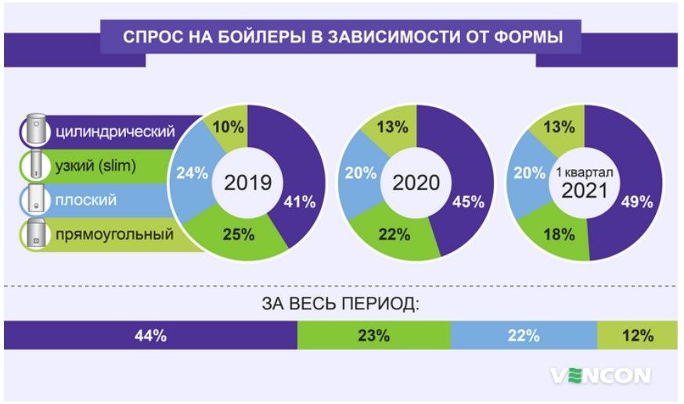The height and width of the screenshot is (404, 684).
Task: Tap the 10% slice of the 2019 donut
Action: [x=228, y=126]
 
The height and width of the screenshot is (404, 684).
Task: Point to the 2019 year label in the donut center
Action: [x=247, y=183]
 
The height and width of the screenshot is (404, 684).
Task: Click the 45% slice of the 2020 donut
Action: [x=468, y=202]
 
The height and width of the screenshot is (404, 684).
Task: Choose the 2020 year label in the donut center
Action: [x=416, y=183]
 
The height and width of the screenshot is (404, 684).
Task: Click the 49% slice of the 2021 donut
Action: [x=636, y=202]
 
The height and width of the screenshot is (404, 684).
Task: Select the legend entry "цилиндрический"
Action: [x=114, y=129]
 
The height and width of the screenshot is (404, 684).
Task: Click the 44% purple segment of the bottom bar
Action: [x=150, y=336]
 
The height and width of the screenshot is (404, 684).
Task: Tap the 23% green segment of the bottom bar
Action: [x=373, y=336]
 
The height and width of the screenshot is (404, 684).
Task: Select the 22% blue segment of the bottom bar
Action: [x=524, y=336]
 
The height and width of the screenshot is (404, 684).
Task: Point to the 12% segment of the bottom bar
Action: [x=638, y=336]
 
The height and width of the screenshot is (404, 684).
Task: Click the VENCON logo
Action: [x=600, y=376]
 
